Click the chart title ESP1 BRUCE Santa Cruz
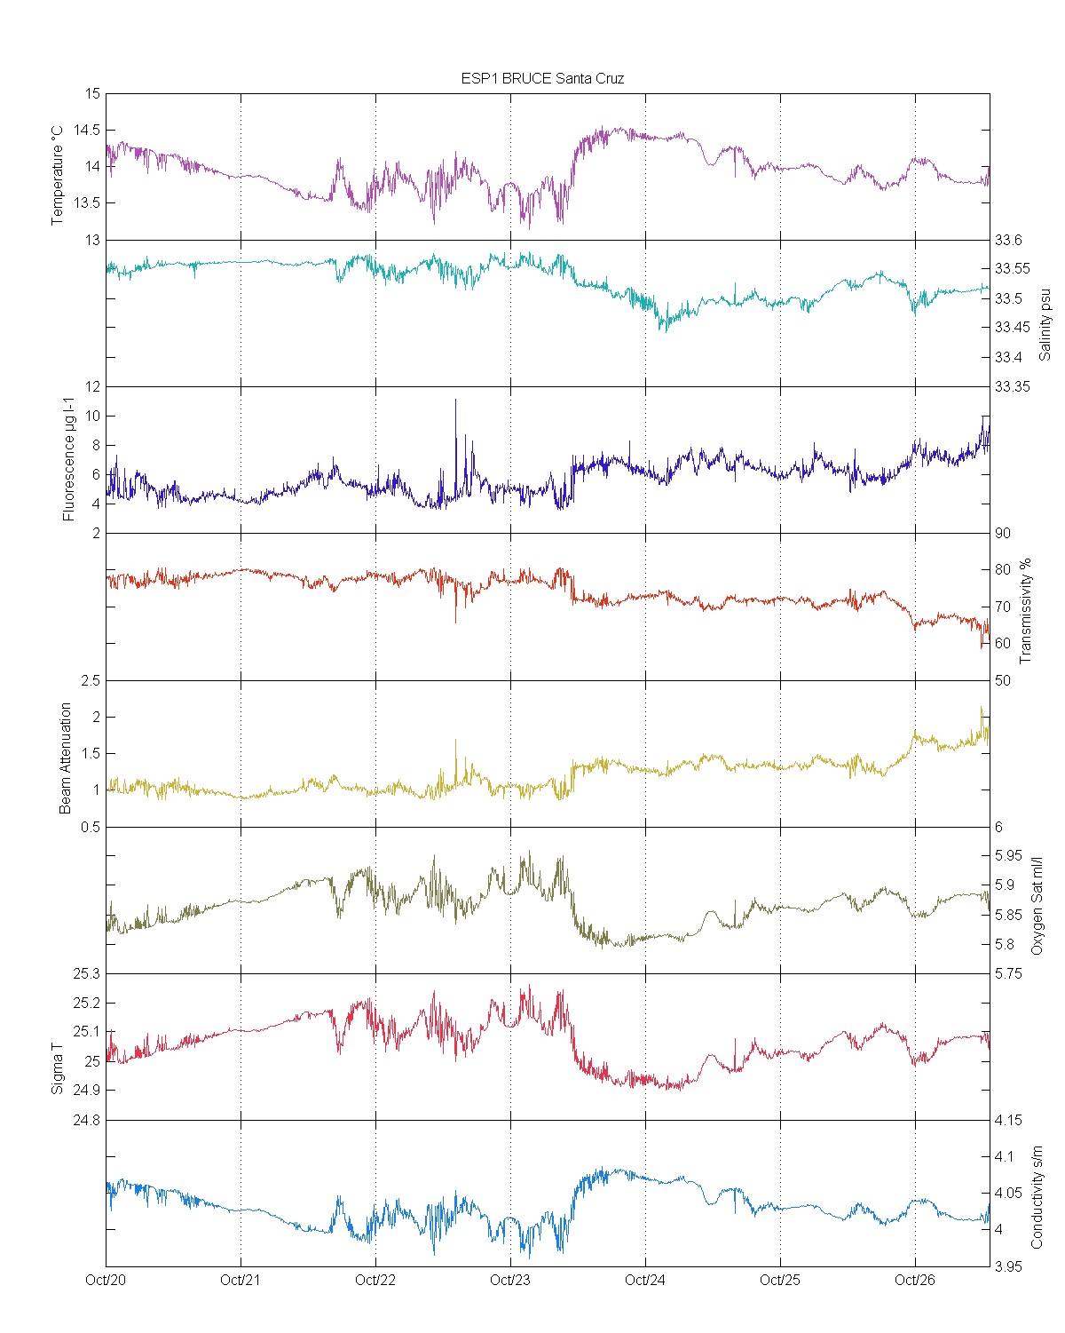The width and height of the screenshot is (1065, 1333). [x=542, y=78]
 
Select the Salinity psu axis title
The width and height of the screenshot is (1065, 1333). [x=1045, y=323]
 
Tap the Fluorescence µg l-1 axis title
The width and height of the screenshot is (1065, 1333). [x=68, y=461]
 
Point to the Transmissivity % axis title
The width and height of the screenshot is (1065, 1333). [x=1026, y=611]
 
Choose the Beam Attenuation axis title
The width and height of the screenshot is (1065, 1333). [x=66, y=758]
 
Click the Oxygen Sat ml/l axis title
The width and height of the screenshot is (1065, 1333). [x=1036, y=906]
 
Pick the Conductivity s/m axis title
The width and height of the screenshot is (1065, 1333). [x=1036, y=1197]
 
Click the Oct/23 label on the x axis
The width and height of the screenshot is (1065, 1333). [x=509, y=1280]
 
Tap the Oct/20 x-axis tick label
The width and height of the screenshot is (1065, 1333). [x=106, y=1280]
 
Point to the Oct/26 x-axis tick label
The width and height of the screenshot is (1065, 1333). [x=915, y=1280]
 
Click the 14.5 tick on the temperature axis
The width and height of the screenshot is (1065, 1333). [x=86, y=131]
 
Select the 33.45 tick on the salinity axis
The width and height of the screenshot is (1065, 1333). [x=1012, y=327]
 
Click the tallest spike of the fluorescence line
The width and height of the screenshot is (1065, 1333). [x=455, y=401]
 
